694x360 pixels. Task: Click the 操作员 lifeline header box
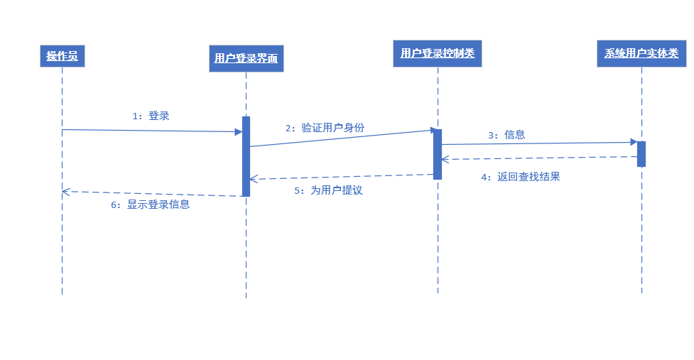click(62, 56)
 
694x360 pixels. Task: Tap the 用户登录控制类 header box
click(438, 53)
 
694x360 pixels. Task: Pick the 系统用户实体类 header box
click(641, 53)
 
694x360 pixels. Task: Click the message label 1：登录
click(151, 116)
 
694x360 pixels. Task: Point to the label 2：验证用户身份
click(325, 128)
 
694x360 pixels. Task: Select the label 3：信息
click(506, 135)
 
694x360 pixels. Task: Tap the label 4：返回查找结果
click(520, 177)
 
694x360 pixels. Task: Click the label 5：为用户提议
click(328, 190)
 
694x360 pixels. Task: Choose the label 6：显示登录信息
click(150, 204)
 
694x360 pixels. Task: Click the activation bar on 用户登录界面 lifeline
click(246, 156)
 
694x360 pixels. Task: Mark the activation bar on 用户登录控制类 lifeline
click(438, 154)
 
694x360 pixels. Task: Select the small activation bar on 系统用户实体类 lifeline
click(641, 154)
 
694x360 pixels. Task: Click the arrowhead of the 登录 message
click(239, 131)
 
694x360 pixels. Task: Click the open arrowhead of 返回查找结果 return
click(444, 159)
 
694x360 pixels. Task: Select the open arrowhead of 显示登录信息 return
click(65, 191)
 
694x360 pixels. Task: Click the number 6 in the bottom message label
click(114, 204)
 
